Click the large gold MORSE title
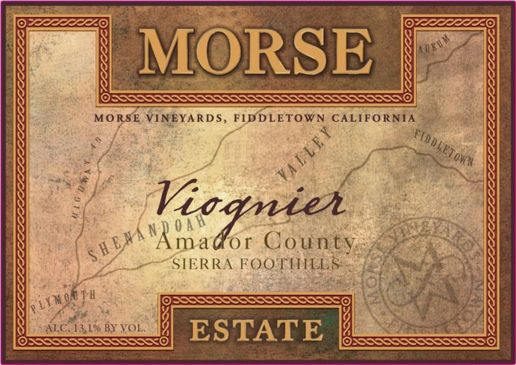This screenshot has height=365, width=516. click(255, 51)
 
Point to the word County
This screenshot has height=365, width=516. click(310, 242)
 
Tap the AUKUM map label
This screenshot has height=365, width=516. click(434, 44)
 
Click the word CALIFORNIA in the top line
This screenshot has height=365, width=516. click(373, 118)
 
